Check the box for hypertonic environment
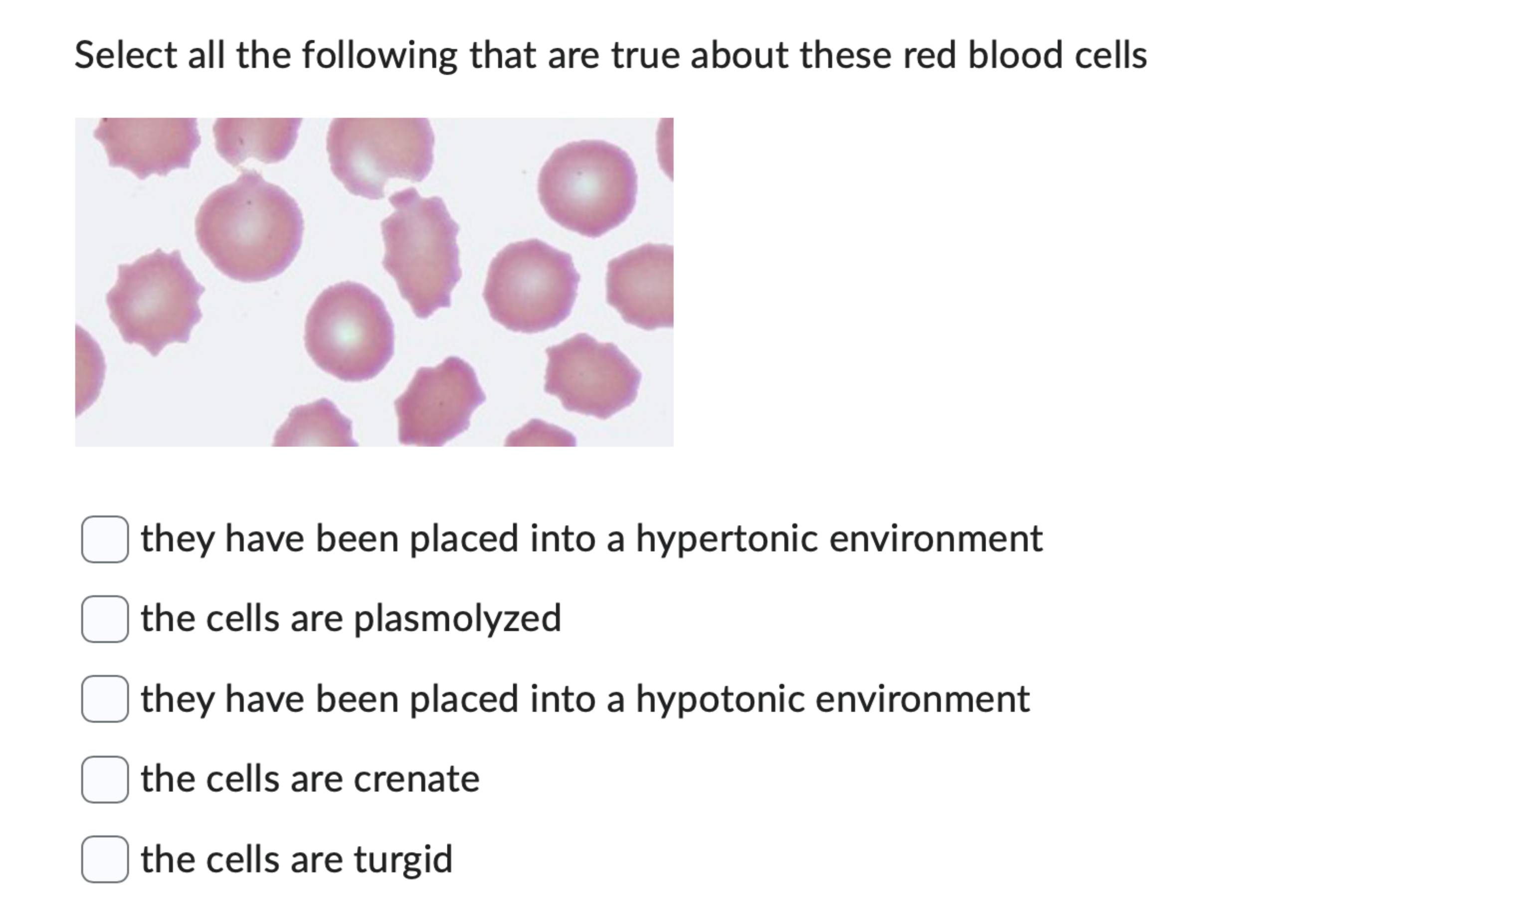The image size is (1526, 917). point(105,539)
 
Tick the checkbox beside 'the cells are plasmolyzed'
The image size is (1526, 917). point(105,619)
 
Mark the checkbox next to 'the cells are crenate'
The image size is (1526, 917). point(105,779)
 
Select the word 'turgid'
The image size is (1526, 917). point(402,859)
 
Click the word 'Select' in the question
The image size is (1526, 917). point(126,55)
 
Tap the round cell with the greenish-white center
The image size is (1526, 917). point(349,331)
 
